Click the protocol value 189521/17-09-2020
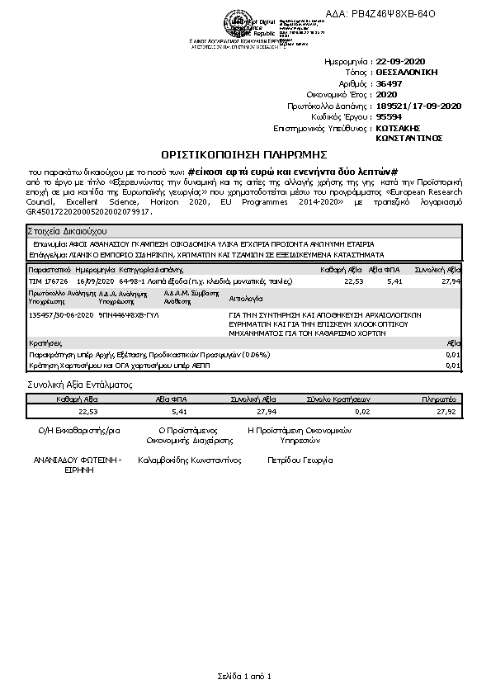[418, 106]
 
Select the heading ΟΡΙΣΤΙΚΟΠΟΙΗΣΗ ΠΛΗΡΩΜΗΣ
[245, 154]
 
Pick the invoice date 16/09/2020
[94, 281]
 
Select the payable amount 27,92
[446, 410]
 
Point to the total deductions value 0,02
[362, 410]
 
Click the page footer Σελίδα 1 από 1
[244, 677]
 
